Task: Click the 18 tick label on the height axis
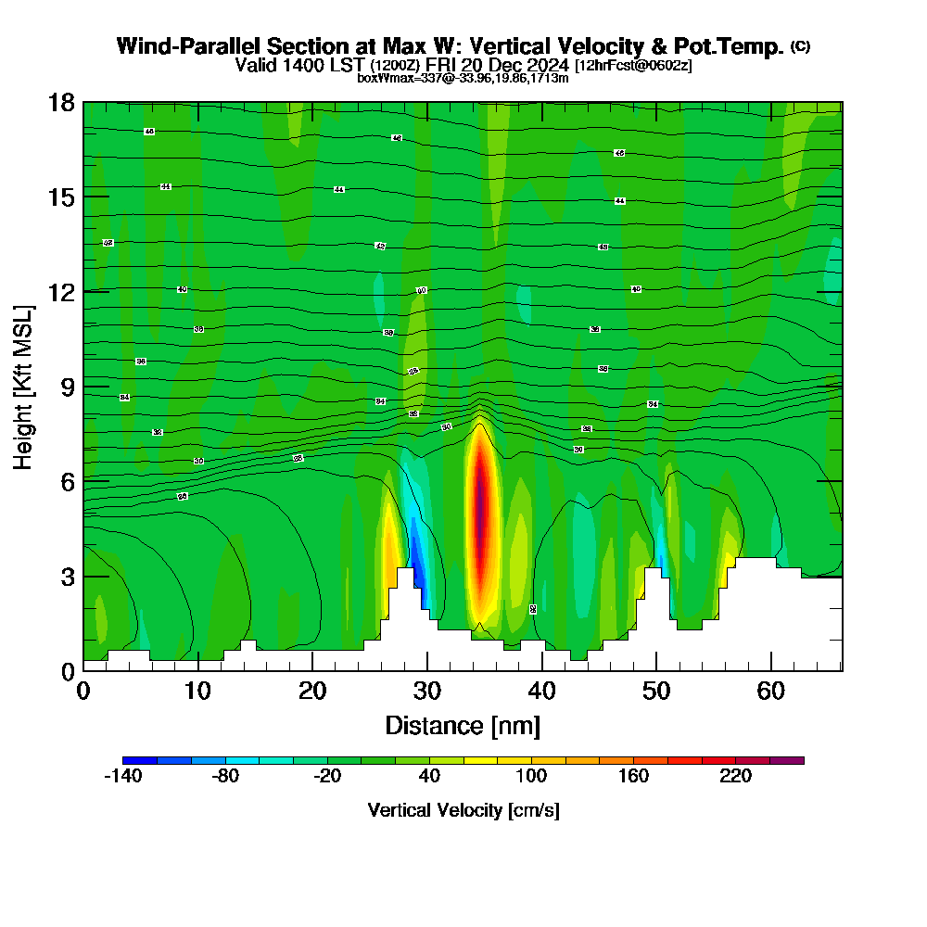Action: tap(61, 102)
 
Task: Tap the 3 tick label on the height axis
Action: tap(67, 576)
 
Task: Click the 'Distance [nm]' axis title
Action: tap(463, 725)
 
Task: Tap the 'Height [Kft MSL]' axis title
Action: tap(24, 387)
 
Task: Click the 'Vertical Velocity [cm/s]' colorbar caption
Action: tap(463, 810)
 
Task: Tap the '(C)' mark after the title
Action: tap(801, 46)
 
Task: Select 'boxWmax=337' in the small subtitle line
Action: tap(394, 79)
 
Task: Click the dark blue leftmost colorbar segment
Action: tap(139, 760)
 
